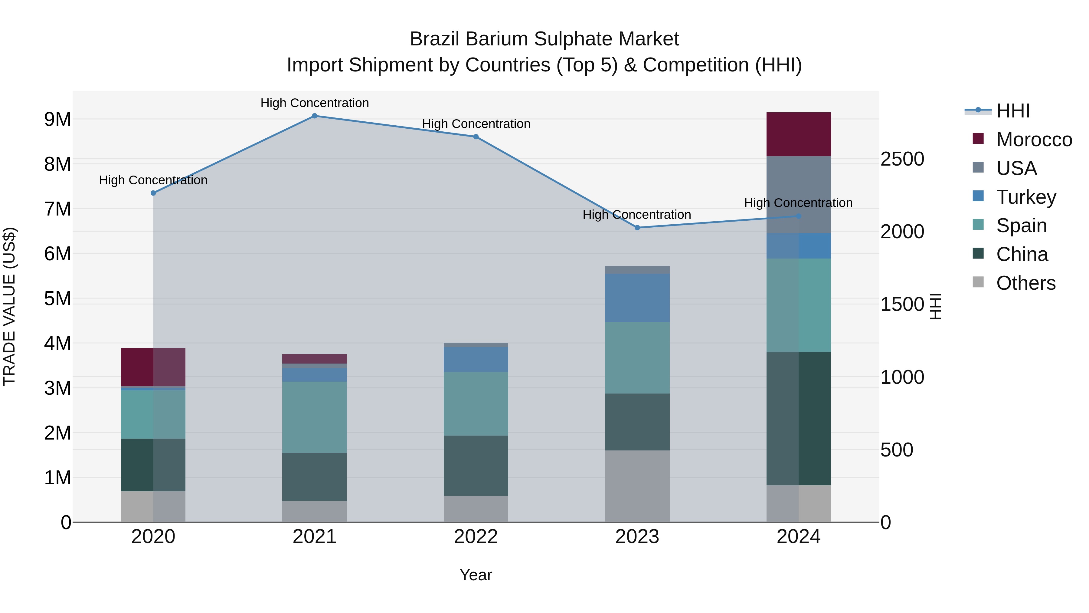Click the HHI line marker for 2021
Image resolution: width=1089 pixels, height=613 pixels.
[315, 116]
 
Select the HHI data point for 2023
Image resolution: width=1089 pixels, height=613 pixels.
[637, 228]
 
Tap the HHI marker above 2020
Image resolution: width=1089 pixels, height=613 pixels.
[153, 193]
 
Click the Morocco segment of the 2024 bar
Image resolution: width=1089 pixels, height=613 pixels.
[799, 134]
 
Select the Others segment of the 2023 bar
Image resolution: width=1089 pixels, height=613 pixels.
[637, 486]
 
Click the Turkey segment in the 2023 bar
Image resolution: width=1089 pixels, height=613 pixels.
[637, 298]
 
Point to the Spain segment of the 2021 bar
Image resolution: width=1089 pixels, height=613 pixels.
[315, 417]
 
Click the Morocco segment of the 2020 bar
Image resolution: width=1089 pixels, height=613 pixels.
[153, 367]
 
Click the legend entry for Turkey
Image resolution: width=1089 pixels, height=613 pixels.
[1026, 197]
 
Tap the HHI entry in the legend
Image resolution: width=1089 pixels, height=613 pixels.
[1013, 111]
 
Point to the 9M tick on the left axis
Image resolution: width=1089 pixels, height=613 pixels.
[58, 119]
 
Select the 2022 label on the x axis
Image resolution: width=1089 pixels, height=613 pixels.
[476, 537]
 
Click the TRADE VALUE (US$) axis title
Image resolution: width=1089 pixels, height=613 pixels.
[9, 306]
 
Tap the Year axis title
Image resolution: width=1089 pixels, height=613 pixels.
[476, 575]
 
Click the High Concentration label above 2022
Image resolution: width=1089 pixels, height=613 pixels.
[476, 124]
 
